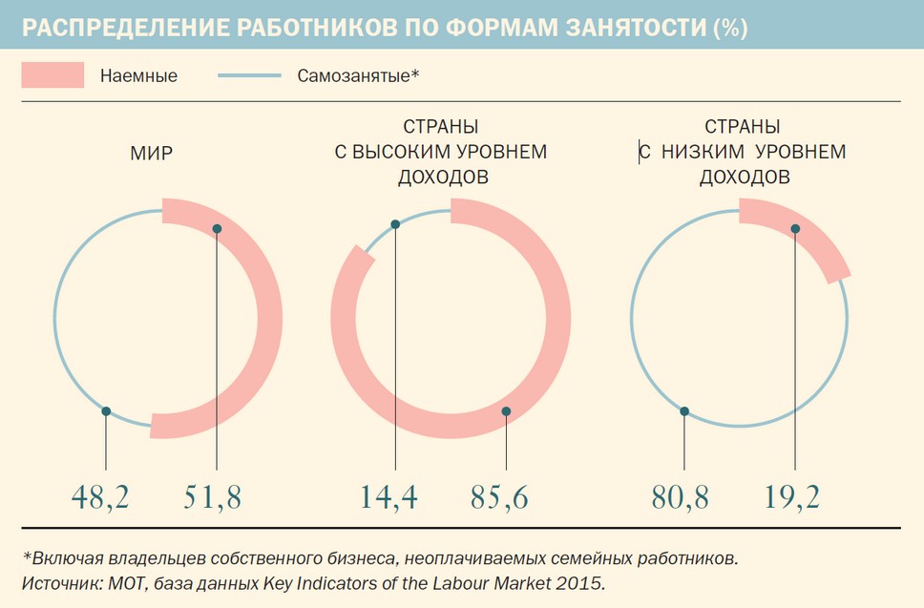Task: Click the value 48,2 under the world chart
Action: click(101, 497)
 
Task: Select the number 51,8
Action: click(212, 497)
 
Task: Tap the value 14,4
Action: click(389, 497)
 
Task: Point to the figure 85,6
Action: click(499, 497)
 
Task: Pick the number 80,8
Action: click(679, 497)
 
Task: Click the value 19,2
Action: click(792, 497)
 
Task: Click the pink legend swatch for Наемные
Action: click(52, 75)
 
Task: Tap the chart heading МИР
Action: click(152, 152)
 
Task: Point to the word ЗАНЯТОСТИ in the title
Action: click(624, 29)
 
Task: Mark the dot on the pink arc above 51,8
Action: click(218, 229)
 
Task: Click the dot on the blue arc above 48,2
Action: click(106, 411)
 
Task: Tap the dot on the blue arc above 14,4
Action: click(395, 225)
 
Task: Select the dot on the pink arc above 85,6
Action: click(506, 411)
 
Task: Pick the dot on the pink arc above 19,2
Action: click(795, 228)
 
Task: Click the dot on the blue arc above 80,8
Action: click(684, 411)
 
